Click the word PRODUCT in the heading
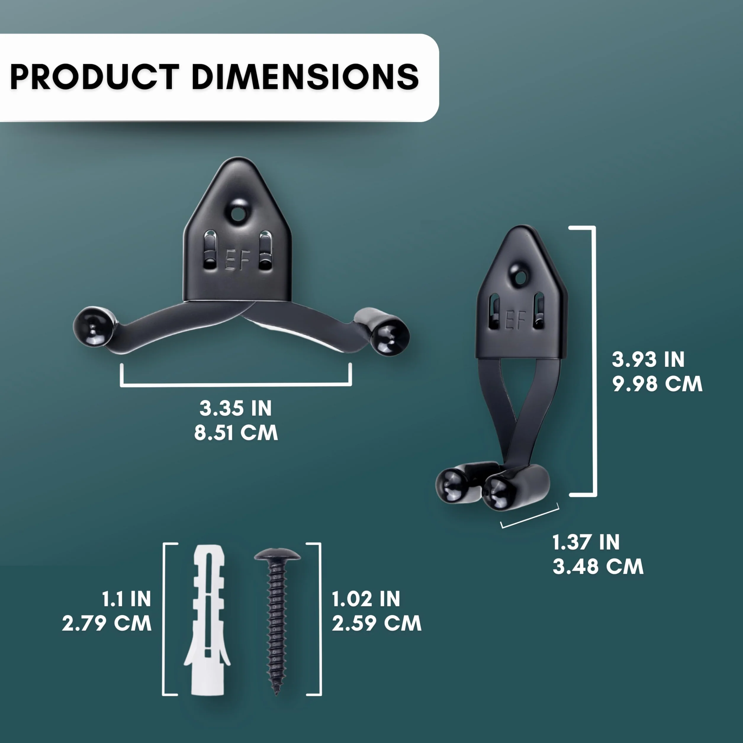(x=95, y=77)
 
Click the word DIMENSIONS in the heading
(x=305, y=77)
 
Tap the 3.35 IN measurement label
(x=235, y=409)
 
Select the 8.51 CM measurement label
(x=236, y=433)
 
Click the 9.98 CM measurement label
(x=657, y=384)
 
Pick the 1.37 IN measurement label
(x=586, y=542)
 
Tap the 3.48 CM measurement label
(x=598, y=567)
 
